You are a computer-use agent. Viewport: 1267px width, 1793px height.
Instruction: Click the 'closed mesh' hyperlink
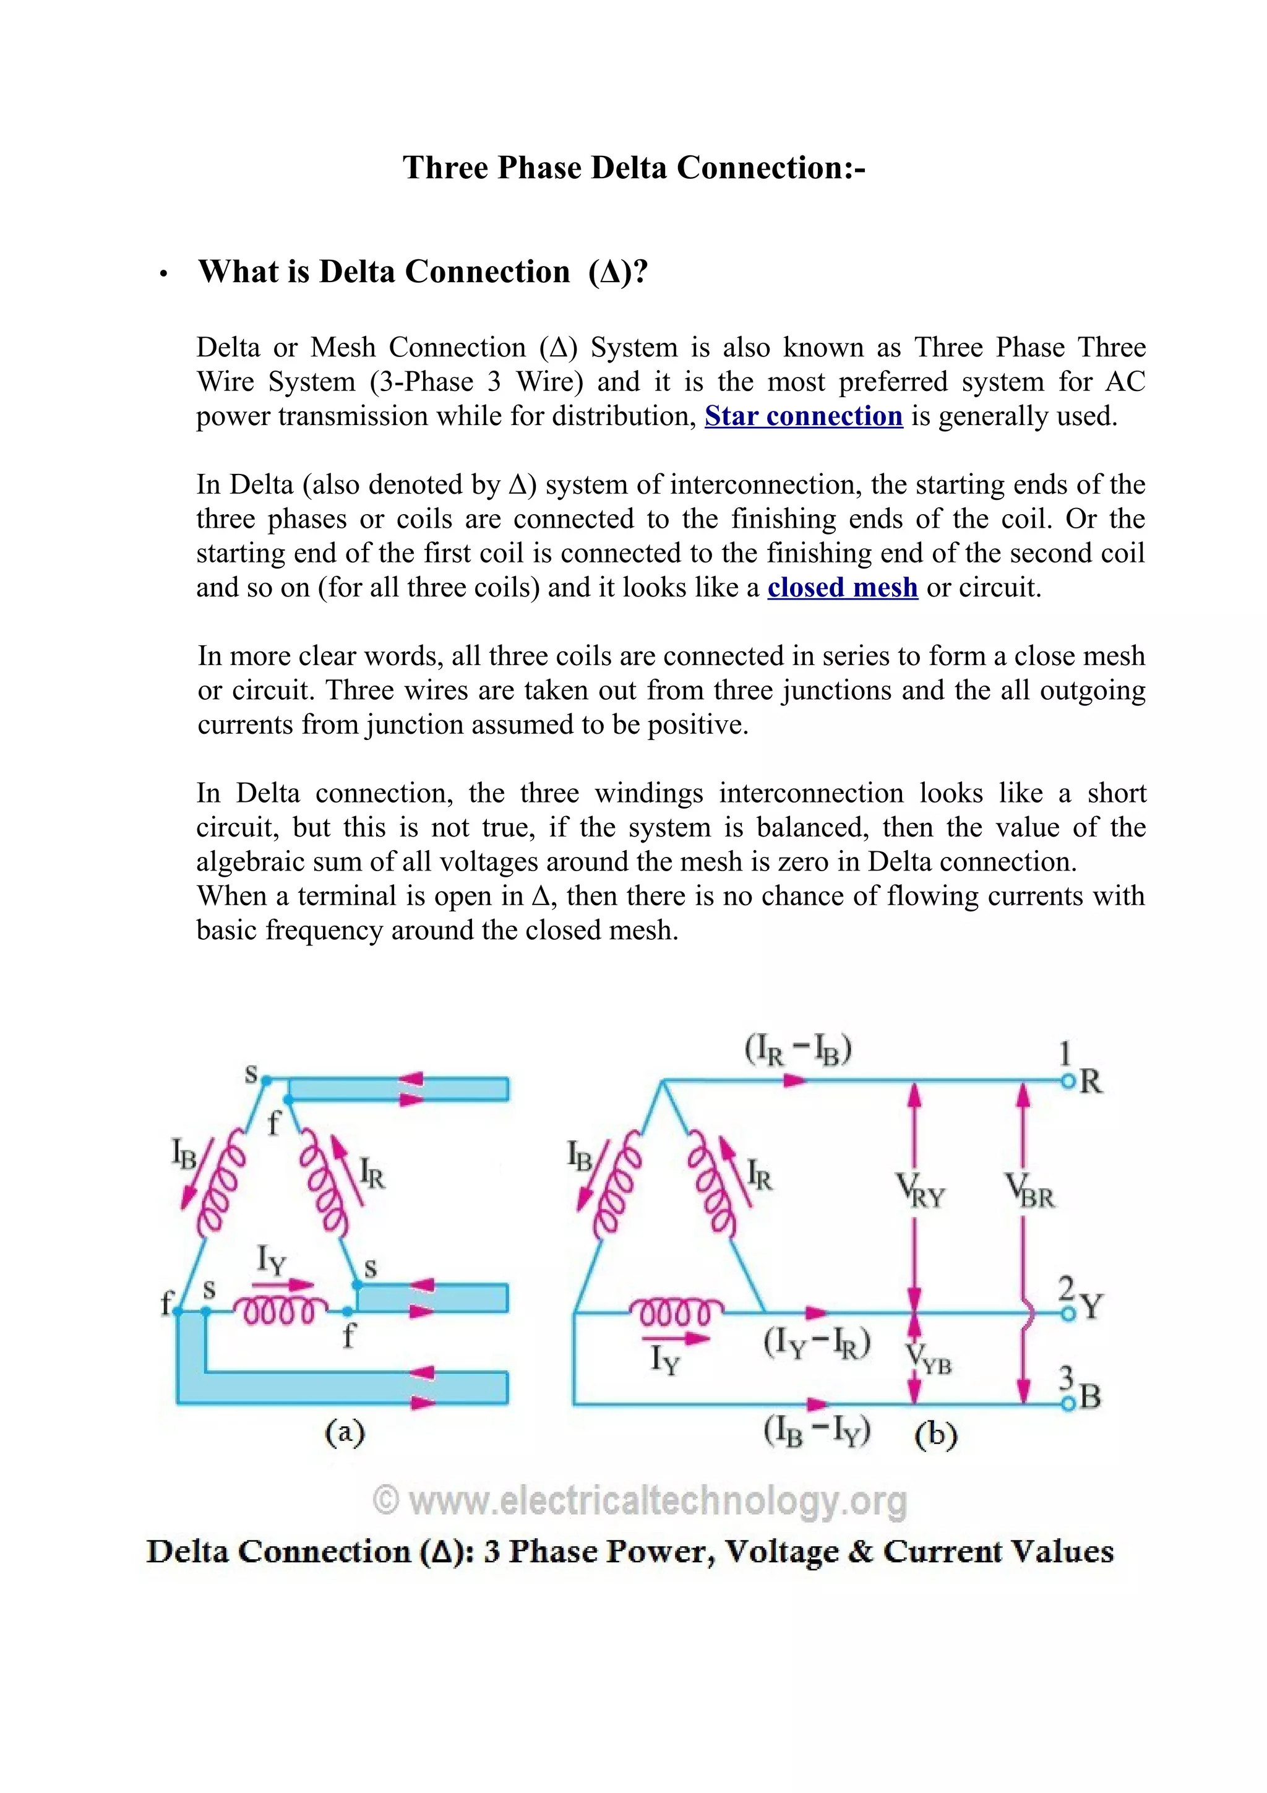843,587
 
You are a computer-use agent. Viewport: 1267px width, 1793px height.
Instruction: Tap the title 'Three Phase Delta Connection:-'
634,168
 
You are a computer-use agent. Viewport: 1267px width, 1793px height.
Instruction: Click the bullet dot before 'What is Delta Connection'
163,275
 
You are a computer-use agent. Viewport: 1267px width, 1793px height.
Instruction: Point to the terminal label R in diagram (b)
1091,1082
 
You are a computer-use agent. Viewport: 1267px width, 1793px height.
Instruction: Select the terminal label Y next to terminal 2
1092,1307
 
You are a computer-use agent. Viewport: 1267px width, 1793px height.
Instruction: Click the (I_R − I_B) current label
798,1051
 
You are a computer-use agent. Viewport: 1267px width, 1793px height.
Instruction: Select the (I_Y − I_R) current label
817,1344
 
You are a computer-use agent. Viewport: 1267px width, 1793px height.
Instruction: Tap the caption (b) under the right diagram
935,1435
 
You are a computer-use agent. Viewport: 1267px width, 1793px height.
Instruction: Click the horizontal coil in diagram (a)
281,1311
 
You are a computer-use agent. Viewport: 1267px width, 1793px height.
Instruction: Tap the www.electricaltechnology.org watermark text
640,1501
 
